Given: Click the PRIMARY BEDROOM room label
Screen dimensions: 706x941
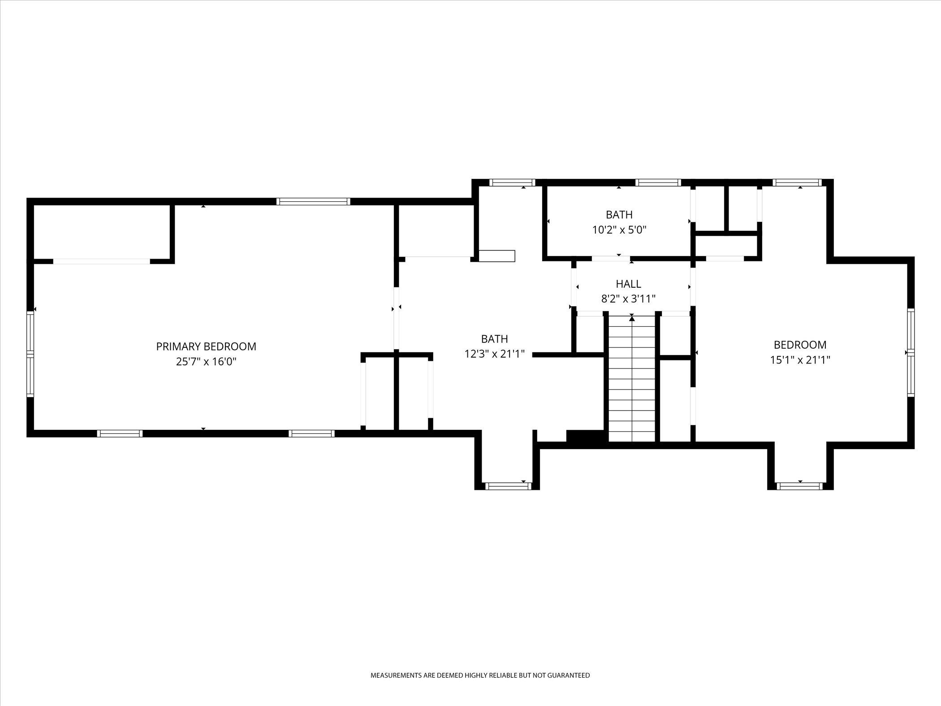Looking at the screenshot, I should pos(206,347).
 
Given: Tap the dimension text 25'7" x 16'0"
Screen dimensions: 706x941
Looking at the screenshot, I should pos(206,362).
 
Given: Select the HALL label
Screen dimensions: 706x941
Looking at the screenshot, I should pos(628,284).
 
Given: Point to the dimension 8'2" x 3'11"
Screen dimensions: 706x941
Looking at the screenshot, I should pos(628,299).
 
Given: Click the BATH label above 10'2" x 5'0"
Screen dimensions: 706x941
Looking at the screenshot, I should pos(619,215).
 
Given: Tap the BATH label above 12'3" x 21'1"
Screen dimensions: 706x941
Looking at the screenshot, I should pos(495,339).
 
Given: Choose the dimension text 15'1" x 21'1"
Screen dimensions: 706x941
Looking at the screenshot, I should pos(800,360).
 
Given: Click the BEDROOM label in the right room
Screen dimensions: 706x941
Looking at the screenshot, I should pos(800,345).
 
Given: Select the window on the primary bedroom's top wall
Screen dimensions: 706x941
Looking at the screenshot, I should pos(313,202).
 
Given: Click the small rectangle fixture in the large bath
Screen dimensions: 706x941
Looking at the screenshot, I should pos(497,256).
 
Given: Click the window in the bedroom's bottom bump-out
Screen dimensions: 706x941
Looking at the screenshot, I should pos(800,486).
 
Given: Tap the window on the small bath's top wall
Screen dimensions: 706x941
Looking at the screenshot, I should pos(658,182).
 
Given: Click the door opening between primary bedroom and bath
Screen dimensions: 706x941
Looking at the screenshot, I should pos(397,318).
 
